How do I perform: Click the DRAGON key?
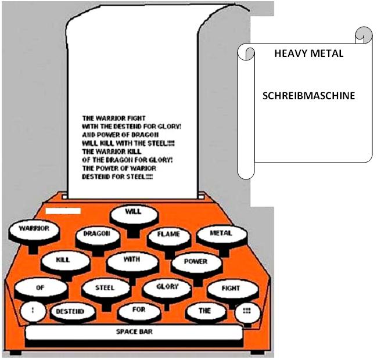98,237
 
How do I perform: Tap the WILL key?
134,215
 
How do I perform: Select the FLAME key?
169,237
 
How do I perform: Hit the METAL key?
221,236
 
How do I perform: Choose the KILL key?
65,262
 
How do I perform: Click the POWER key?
196,264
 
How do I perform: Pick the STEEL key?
106,290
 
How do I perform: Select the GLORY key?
167,289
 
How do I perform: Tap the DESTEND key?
73,312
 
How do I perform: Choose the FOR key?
139,312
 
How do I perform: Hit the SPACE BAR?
134,333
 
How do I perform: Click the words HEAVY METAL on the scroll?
309,53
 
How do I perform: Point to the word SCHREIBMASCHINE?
308,96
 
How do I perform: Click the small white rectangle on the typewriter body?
63,211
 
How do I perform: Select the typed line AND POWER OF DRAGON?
120,135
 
